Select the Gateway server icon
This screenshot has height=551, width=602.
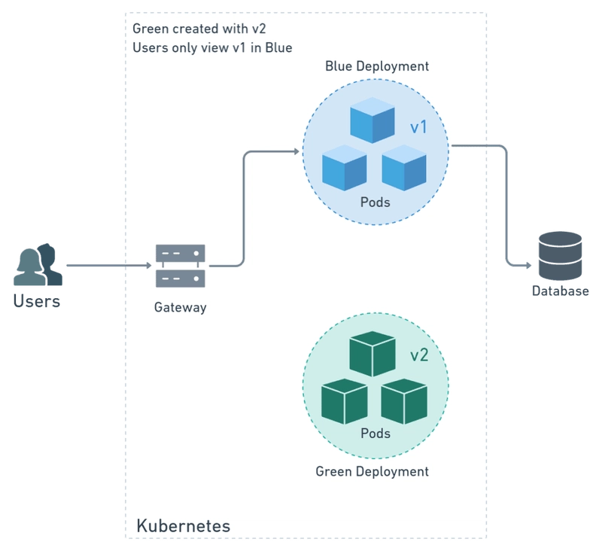180,266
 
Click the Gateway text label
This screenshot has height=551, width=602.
180,307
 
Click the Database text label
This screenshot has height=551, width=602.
560,291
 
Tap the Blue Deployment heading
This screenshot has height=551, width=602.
377,66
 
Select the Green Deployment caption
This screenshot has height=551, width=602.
372,471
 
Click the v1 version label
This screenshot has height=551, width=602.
418,127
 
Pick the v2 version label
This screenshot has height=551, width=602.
418,355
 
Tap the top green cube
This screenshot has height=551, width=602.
373,353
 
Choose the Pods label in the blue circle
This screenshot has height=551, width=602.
375,203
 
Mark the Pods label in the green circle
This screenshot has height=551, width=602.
375,433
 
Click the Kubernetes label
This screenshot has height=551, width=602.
183,525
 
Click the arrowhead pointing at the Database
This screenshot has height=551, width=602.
530,264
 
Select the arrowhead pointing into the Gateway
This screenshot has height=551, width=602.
148,266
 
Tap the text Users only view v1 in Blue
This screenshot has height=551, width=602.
211,47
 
